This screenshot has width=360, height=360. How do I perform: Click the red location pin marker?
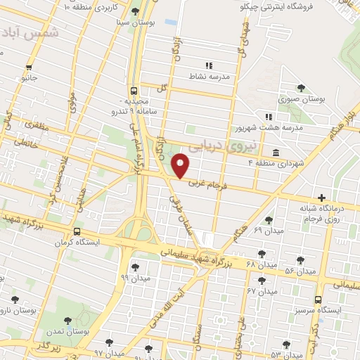(x=181, y=165)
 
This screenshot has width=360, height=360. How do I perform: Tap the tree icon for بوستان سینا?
(x=138, y=9)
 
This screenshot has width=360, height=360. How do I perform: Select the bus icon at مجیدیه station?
(x=133, y=91)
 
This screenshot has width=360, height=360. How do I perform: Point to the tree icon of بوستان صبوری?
(x=302, y=88)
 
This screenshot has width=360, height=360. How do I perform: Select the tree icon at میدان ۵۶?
(x=300, y=260)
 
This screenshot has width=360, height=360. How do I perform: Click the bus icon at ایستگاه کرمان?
(x=76, y=231)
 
